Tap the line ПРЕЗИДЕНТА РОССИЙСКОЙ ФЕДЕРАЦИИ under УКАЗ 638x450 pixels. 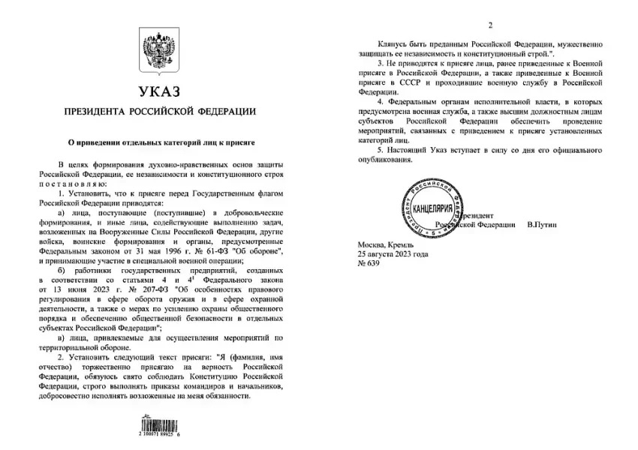coord(158,111)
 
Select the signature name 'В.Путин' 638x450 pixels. coord(544,224)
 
